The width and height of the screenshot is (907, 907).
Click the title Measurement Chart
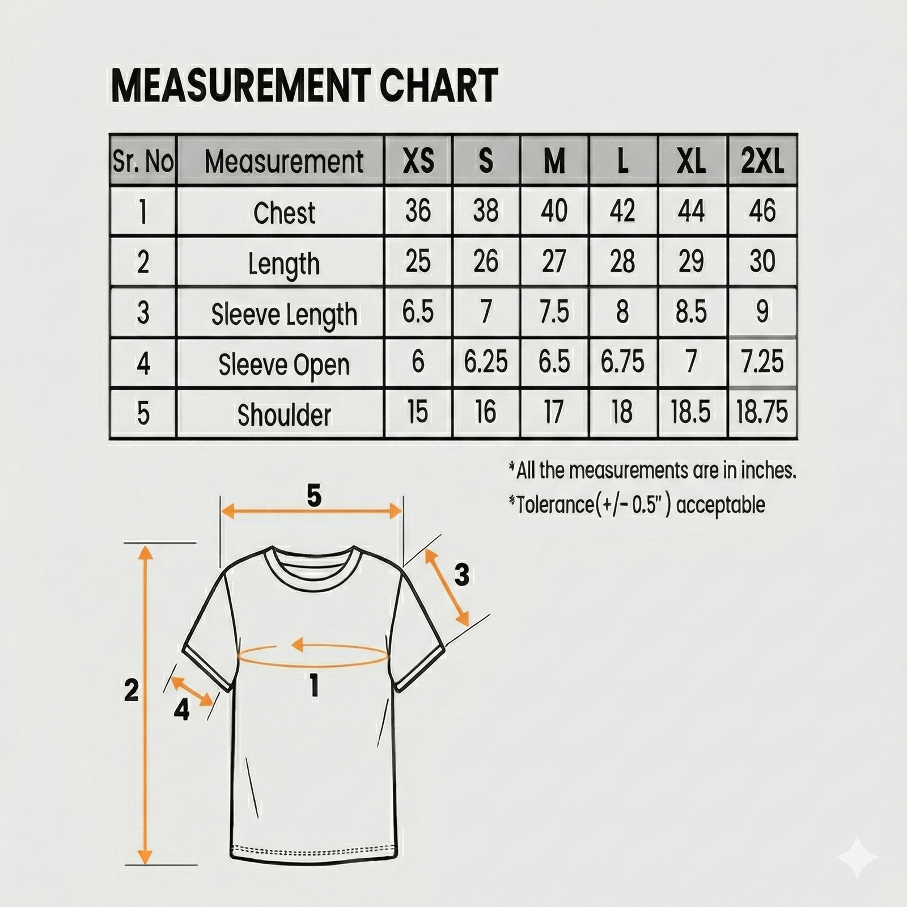click(x=304, y=86)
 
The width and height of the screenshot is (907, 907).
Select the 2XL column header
click(x=762, y=161)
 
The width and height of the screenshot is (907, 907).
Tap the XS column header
click(x=418, y=161)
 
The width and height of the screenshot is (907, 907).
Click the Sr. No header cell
click(x=143, y=161)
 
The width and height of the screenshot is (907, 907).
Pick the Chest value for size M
click(x=554, y=211)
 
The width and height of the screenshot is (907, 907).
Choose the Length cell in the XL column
click(x=691, y=261)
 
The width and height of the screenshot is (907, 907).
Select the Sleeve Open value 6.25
click(x=486, y=362)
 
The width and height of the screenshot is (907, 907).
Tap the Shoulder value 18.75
click(x=762, y=412)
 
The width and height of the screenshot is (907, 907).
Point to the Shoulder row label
click(x=284, y=415)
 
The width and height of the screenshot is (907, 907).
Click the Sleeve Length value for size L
click(x=622, y=311)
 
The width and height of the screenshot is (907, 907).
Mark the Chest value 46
click(x=762, y=211)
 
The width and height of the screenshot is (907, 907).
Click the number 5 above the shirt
click(x=314, y=496)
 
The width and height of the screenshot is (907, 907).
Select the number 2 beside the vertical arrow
click(x=131, y=690)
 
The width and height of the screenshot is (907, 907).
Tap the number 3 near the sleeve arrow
click(x=462, y=575)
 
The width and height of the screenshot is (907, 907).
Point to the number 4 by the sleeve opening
click(x=181, y=709)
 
